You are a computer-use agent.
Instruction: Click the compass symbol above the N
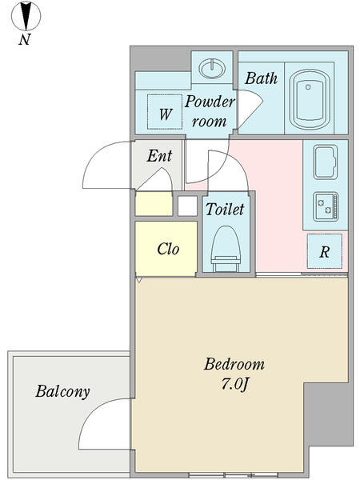(x=26, y=16)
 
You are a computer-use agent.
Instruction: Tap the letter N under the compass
(x=25, y=39)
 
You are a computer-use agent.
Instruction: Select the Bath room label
(x=261, y=78)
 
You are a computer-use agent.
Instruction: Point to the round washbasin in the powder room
(x=212, y=68)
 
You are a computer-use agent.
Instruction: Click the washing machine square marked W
(x=165, y=112)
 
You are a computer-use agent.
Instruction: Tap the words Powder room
(x=210, y=111)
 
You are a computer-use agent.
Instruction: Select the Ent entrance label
(x=159, y=156)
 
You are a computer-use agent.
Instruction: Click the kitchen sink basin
(x=326, y=162)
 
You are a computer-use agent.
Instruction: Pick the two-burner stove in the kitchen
(x=326, y=206)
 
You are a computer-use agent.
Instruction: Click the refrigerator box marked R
(x=325, y=251)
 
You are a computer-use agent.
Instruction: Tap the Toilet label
(x=225, y=210)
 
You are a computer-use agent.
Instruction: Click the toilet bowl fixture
(x=226, y=249)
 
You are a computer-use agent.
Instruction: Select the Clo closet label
(x=168, y=249)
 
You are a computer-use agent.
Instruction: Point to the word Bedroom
(x=234, y=364)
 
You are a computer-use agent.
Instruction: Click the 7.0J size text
(x=234, y=384)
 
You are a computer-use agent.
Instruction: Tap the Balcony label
(x=62, y=391)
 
